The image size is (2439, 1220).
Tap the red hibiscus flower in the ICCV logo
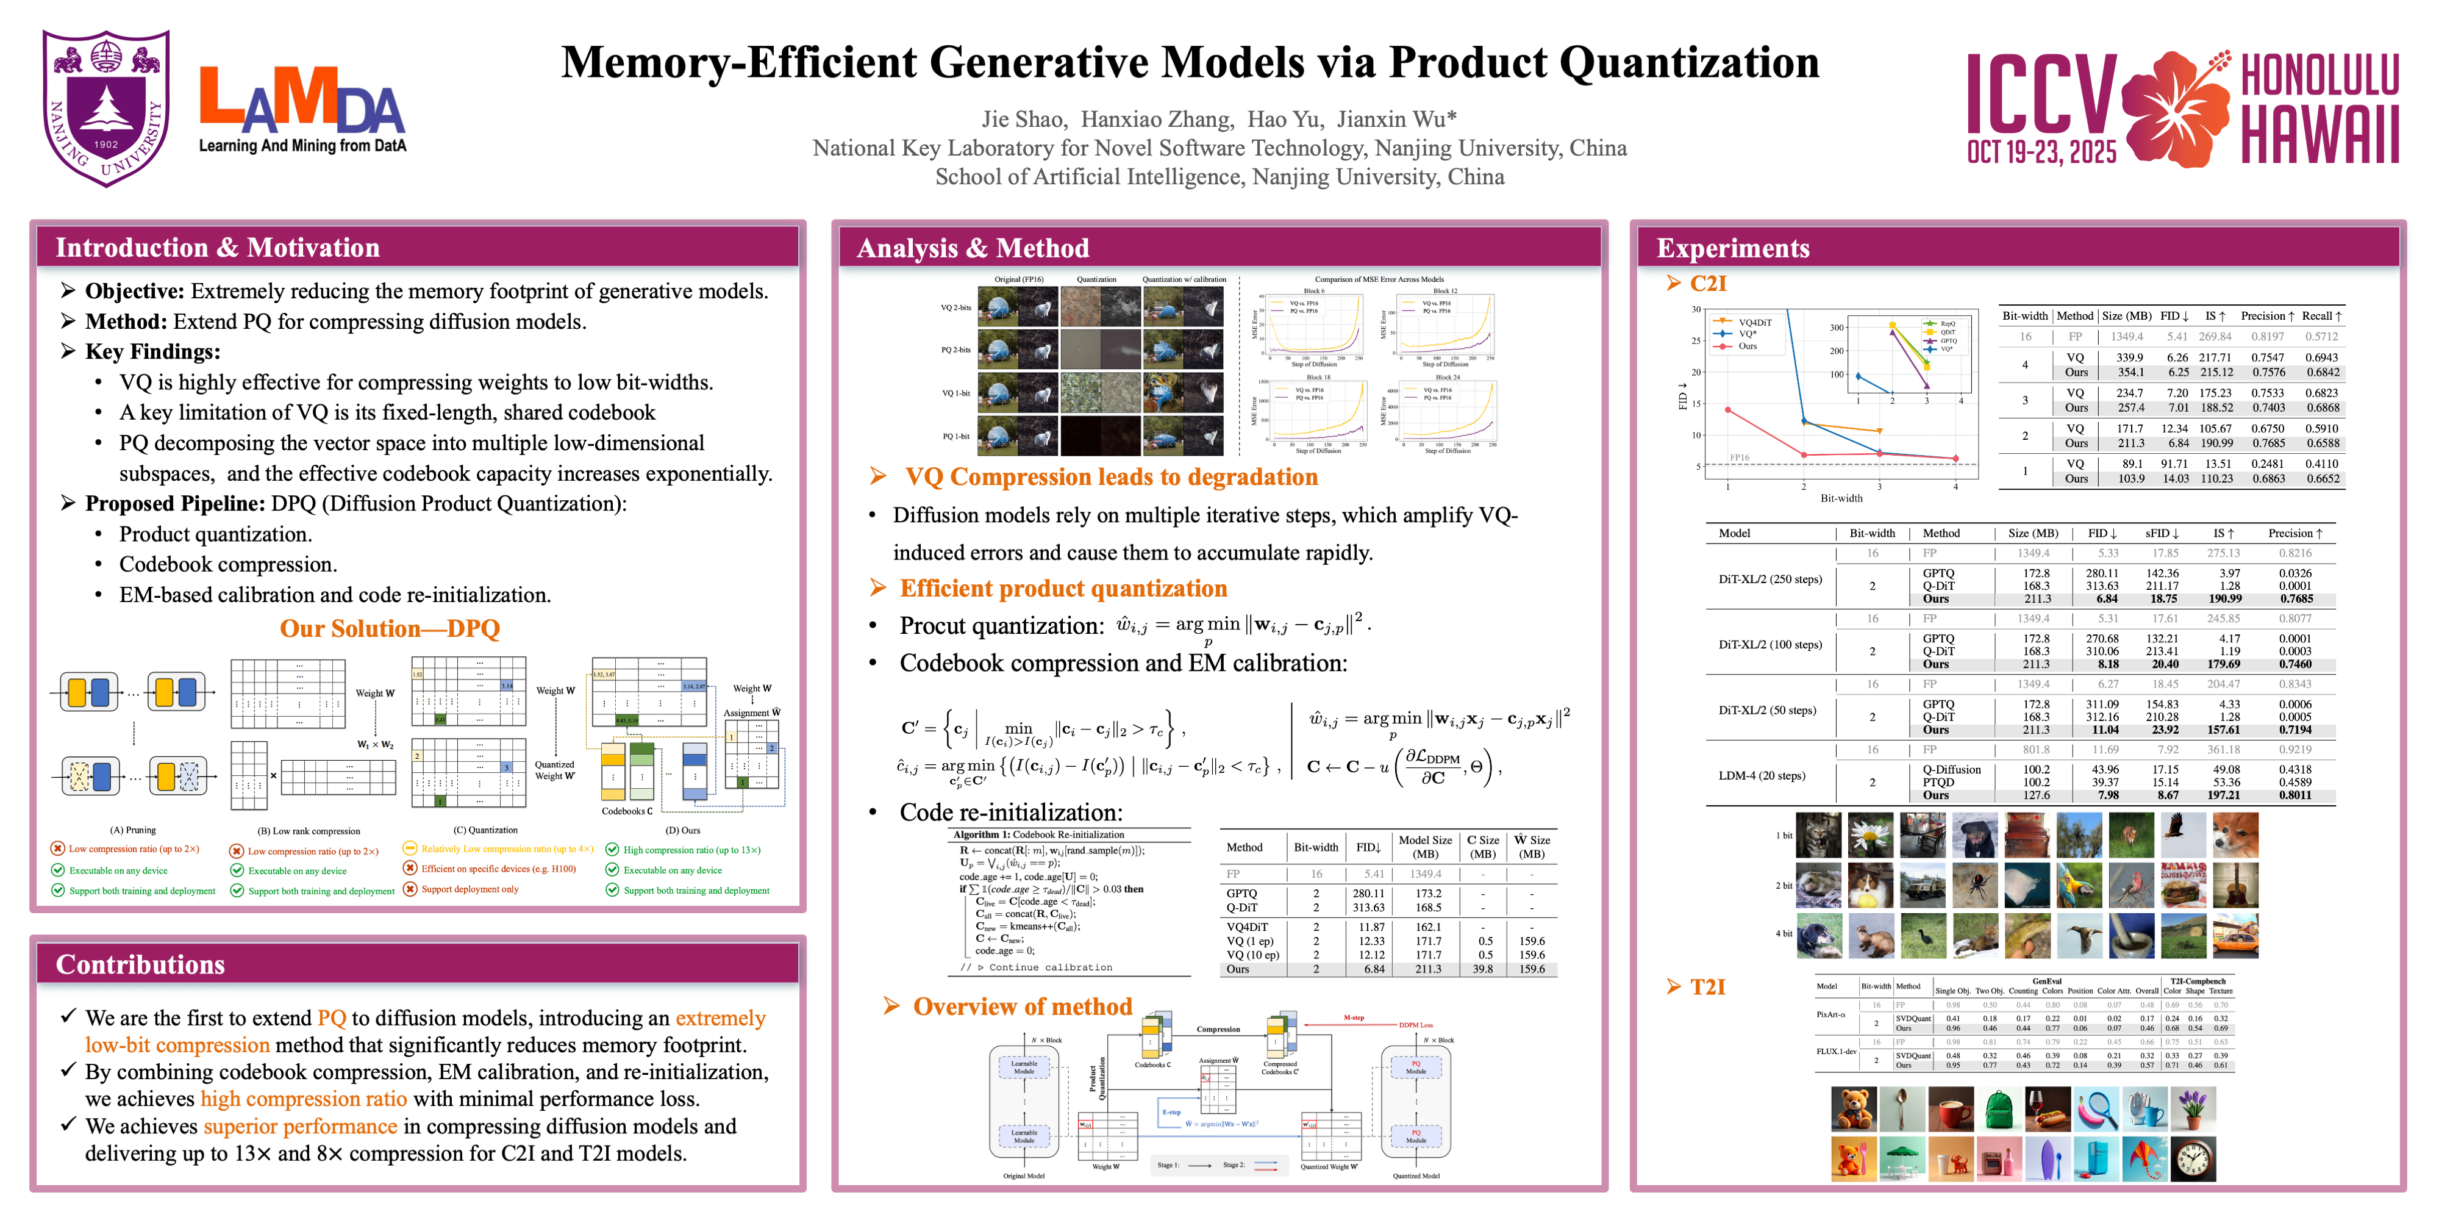tap(2177, 107)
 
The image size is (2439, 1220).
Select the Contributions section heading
tap(140, 964)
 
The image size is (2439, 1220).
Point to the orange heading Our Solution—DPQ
tap(389, 628)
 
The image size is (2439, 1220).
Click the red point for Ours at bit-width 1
tap(1728, 410)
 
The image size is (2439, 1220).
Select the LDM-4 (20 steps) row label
tap(1761, 776)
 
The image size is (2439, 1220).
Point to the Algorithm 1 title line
tap(1038, 834)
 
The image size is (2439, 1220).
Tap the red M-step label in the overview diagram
tap(1353, 1017)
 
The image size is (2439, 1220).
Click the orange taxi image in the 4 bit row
tap(2235, 935)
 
